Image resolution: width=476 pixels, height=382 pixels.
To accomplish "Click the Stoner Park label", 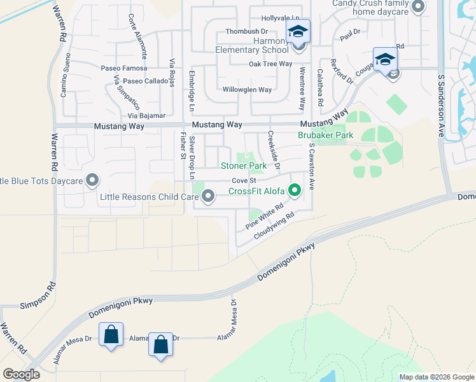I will [243, 166].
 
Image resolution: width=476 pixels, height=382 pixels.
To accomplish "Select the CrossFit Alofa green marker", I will [294, 190].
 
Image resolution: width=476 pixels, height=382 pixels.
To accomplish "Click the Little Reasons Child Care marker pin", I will [208, 197].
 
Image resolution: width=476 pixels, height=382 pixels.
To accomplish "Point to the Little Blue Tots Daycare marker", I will [94, 181].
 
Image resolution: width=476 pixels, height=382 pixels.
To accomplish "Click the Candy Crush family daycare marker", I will [417, 7].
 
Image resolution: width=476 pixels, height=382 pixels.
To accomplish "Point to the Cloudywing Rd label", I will [276, 226].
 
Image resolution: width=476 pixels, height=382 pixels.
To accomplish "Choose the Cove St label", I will [243, 181].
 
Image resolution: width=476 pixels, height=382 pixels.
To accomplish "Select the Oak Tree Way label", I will [270, 64].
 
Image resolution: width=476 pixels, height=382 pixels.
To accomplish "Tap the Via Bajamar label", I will [146, 116].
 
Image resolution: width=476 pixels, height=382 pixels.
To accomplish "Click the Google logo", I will [21, 374].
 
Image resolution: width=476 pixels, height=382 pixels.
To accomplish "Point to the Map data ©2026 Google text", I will [436, 377].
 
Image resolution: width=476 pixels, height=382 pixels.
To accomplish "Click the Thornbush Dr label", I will [246, 31].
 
